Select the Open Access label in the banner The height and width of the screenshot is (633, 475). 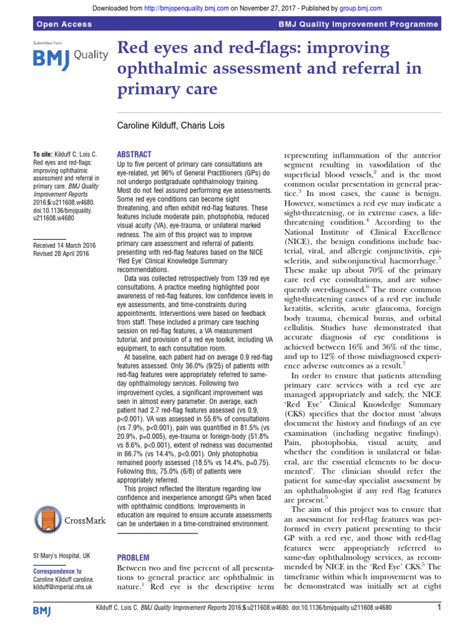click(x=64, y=24)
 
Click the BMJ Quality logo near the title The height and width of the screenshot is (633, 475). click(x=69, y=57)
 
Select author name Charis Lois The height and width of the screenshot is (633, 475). click(x=206, y=125)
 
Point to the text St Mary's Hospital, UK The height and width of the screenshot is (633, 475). click(x=64, y=538)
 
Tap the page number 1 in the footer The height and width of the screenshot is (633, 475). click(x=439, y=608)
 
